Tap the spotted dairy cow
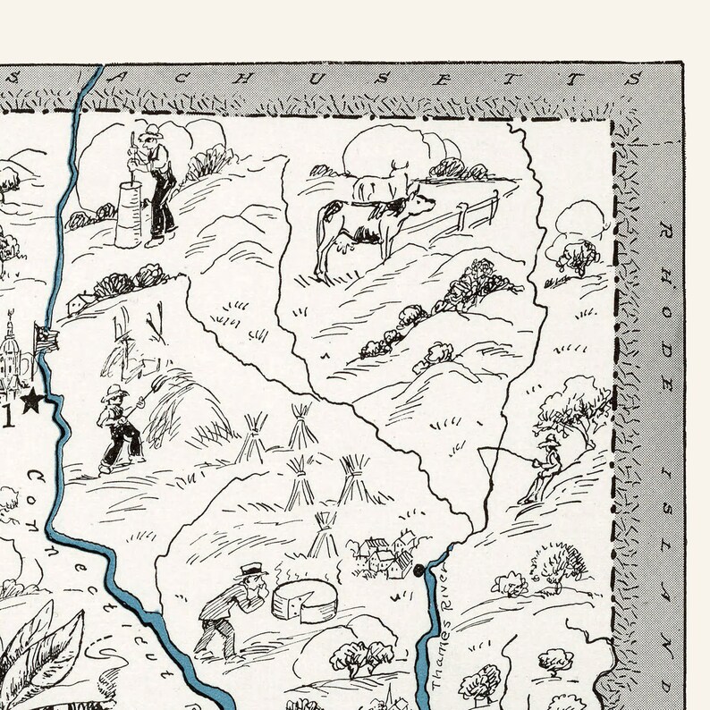click(x=358, y=227)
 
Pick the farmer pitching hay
click(x=119, y=429)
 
